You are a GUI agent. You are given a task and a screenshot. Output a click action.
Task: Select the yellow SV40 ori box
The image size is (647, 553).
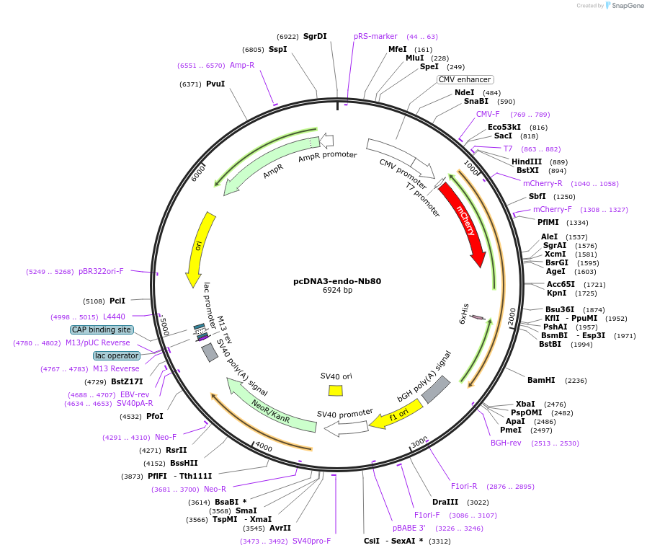[x=336, y=390]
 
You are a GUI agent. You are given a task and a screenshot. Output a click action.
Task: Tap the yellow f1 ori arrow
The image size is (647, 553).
[x=396, y=417]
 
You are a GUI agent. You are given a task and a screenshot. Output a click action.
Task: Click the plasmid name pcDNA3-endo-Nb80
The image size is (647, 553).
[x=337, y=281]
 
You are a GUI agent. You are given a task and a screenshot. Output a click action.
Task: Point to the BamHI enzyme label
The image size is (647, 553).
[x=541, y=380]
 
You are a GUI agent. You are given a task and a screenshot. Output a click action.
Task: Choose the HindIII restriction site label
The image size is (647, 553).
[x=527, y=162]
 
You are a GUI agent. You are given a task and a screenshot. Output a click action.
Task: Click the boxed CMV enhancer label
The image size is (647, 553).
[x=465, y=79]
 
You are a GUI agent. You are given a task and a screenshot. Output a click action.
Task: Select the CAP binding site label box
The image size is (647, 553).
[x=102, y=329]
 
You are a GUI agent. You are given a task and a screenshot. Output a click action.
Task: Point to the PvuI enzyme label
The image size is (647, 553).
[x=215, y=84]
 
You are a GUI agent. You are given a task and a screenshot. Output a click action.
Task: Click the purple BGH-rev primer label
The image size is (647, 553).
[x=506, y=443]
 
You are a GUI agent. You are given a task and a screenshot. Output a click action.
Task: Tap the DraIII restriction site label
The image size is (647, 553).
[x=445, y=502]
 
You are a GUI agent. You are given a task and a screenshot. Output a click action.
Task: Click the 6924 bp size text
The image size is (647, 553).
[x=337, y=291]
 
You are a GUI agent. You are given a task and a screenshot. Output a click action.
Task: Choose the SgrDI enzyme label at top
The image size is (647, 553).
[x=315, y=36]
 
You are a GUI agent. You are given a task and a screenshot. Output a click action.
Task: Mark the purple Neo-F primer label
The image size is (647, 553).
[x=166, y=437]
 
